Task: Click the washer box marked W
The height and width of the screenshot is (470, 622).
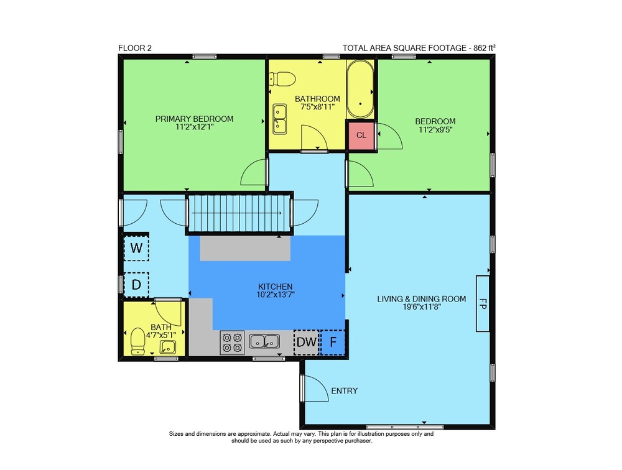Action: point(136,248)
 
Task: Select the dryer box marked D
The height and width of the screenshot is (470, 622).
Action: point(136,284)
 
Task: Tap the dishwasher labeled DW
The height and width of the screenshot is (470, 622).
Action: point(306,343)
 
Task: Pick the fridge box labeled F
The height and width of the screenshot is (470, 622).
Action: point(332,343)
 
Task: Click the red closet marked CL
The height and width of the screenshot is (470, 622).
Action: point(361,136)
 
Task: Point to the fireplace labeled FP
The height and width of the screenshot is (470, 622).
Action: point(483,303)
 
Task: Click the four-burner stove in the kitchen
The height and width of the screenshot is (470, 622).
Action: point(232,343)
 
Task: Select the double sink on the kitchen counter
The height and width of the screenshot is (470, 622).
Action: point(264,341)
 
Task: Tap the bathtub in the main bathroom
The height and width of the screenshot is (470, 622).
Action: point(360,90)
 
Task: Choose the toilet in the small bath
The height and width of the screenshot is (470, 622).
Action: point(137,341)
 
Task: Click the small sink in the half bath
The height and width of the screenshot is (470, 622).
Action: point(168,347)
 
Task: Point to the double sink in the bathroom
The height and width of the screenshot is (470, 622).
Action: point(280,119)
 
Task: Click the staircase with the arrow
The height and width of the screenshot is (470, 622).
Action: point(239,213)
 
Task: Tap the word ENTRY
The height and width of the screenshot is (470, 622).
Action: point(345,391)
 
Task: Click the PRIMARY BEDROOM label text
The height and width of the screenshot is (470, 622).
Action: point(194,119)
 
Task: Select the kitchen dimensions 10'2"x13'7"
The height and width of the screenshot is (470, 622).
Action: point(276,295)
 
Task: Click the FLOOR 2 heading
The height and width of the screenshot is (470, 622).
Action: point(135,48)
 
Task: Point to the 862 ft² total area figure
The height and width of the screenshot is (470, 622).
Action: point(485,48)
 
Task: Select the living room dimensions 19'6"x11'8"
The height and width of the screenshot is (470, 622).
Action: point(421,306)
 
